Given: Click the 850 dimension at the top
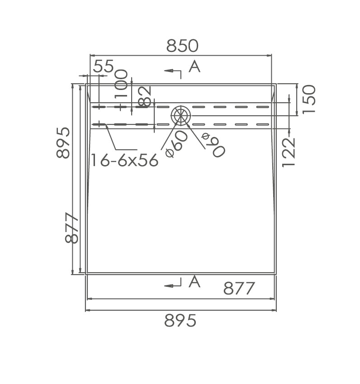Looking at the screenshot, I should [x=182, y=46].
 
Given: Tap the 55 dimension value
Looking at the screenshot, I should [x=104, y=66].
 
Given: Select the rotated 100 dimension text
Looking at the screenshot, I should [x=122, y=84].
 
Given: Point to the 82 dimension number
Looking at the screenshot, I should [x=144, y=96].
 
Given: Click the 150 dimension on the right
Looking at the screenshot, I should [x=309, y=100].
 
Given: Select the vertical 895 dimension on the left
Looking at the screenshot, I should [x=63, y=142].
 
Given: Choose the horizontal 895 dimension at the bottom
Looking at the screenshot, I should [x=180, y=321].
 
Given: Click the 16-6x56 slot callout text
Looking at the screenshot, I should [x=125, y=160].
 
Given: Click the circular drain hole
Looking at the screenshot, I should [x=181, y=115].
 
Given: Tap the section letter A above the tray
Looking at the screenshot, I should [x=194, y=66].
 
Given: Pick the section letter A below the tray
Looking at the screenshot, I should [x=194, y=282].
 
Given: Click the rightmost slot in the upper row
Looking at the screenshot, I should [x=262, y=107].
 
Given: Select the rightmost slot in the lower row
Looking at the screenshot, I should [x=262, y=124].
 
